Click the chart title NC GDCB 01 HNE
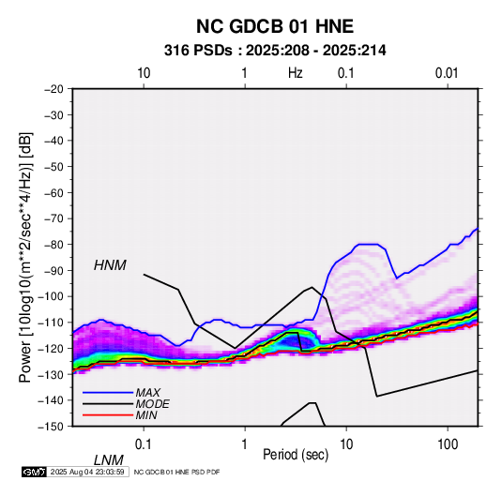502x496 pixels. pyautogui.click(x=275, y=26)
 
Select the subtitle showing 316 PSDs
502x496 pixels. pyautogui.click(x=275, y=51)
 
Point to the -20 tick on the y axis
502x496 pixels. pyautogui.click(x=54, y=89)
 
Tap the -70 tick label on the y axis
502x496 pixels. pyautogui.click(x=54, y=218)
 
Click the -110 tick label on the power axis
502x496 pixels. pyautogui.click(x=52, y=323)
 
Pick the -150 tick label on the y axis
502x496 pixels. pyautogui.click(x=52, y=427)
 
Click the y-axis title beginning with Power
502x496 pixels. pyautogui.click(x=25, y=257)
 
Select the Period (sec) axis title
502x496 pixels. pyautogui.click(x=296, y=455)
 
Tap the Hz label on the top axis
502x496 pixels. pyautogui.click(x=296, y=73)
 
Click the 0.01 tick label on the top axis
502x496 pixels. pyautogui.click(x=447, y=73)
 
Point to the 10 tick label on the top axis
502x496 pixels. pyautogui.click(x=144, y=73)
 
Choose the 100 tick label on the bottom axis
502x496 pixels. pyautogui.click(x=448, y=444)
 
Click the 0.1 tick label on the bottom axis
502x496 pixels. pyautogui.click(x=144, y=444)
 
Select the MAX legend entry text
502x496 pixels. pyautogui.click(x=147, y=393)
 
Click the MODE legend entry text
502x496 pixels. pyautogui.click(x=152, y=404)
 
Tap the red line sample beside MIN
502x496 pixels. pyautogui.click(x=108, y=415)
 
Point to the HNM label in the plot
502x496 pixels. pyautogui.click(x=110, y=265)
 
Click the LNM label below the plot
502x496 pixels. pyautogui.click(x=109, y=460)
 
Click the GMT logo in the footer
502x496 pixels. pyautogui.click(x=35, y=472)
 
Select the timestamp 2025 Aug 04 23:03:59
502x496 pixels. pyautogui.click(x=87, y=472)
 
